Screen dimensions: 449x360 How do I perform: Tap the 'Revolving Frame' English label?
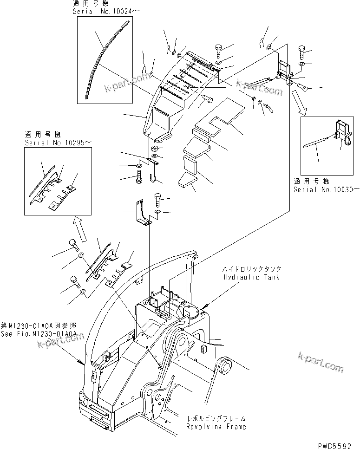pos(216,426)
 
